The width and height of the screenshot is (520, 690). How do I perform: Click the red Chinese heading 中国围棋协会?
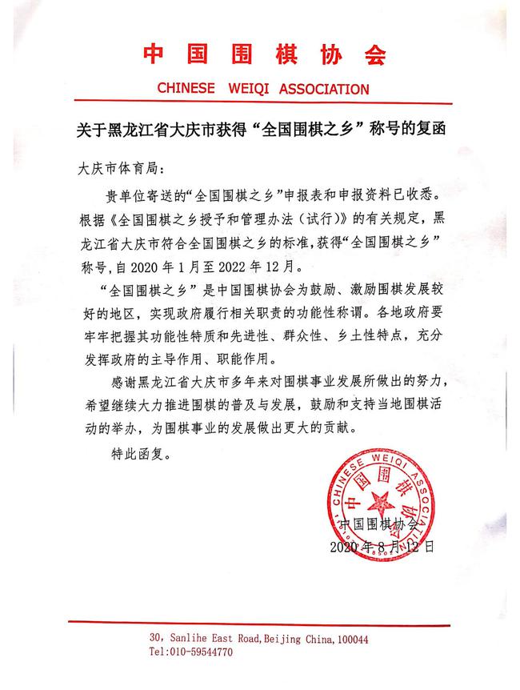pyautogui.click(x=264, y=54)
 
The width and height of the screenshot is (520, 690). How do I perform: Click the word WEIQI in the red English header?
pyautogui.click(x=254, y=89)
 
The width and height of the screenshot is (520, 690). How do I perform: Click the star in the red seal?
pyautogui.click(x=378, y=508)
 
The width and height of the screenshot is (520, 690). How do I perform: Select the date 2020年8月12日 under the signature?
pyautogui.click(x=382, y=548)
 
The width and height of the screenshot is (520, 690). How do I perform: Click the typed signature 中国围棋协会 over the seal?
pyautogui.click(x=379, y=525)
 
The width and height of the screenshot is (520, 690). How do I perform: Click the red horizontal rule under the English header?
pyautogui.click(x=264, y=104)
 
